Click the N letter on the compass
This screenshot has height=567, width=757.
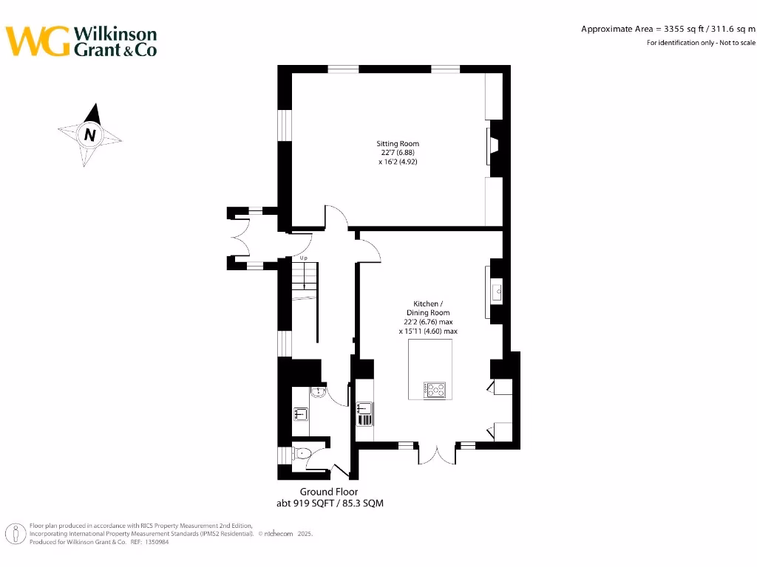90,135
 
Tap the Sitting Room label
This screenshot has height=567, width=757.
398,143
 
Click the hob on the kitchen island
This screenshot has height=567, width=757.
435,389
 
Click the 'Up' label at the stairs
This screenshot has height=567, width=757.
303,258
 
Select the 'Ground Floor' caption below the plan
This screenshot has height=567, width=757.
329,492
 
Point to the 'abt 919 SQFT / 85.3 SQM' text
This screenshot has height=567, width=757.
329,504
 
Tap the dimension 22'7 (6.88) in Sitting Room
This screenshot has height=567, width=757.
398,153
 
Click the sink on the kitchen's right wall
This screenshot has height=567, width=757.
496,291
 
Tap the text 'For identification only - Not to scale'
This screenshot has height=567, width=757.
701,43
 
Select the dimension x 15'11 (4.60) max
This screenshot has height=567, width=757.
428,331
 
